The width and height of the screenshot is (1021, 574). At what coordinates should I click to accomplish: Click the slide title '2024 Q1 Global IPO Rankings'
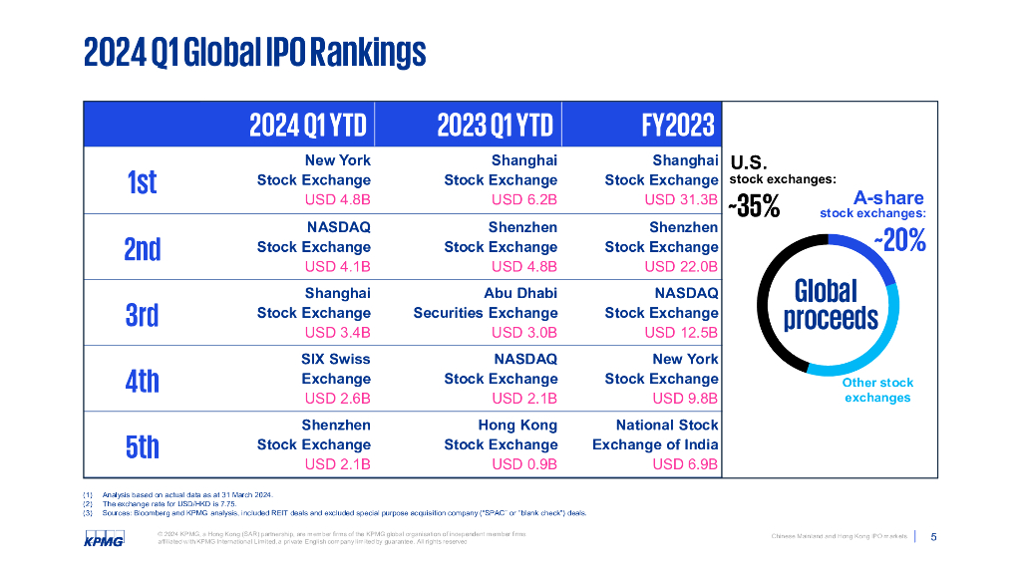[254, 52]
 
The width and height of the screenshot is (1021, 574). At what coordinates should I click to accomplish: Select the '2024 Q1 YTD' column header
[308, 125]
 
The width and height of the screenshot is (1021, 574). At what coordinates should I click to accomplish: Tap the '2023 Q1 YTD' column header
[495, 125]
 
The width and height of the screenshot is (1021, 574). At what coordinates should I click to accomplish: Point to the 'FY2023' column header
[678, 125]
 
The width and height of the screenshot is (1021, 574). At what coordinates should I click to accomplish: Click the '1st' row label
[143, 181]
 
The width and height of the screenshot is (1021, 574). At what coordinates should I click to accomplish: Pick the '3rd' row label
[143, 314]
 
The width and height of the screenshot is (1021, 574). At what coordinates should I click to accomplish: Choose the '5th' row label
[143, 445]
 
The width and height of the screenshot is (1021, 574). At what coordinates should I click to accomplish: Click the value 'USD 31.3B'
[681, 199]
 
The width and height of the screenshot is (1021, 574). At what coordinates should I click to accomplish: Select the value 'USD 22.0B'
[681, 266]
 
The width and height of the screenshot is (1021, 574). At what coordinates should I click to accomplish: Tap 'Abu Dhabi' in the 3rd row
[520, 293]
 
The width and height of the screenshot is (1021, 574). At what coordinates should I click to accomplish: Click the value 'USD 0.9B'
[524, 464]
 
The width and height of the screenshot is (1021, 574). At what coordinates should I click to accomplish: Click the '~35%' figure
[754, 207]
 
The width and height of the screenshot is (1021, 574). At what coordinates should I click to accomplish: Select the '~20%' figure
[900, 241]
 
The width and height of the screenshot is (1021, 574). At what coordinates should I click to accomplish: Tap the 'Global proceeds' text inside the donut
[830, 305]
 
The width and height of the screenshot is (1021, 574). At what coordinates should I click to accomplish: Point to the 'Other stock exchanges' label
[877, 390]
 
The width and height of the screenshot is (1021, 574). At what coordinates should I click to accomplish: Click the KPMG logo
[104, 539]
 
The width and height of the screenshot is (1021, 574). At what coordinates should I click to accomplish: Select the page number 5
[933, 537]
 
